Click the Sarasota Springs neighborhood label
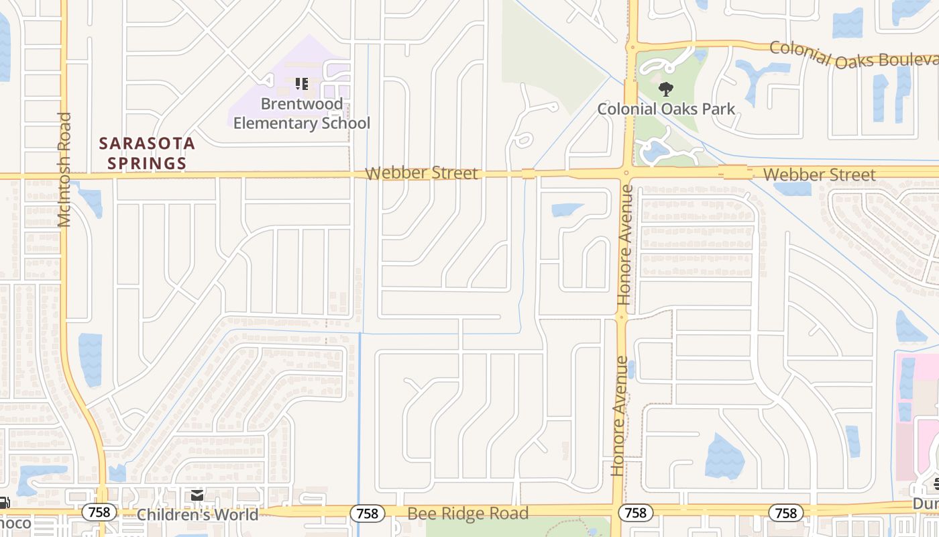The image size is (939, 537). tap(147, 153)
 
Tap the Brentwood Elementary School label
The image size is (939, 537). tap(302, 113)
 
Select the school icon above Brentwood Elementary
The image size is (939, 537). tap(302, 84)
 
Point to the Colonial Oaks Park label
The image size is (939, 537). tap(666, 109)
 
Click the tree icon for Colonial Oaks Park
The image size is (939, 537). tap(666, 89)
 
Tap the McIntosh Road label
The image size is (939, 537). tap(64, 169)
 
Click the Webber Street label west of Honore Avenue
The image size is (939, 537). tap(421, 173)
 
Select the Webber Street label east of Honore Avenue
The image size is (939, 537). tap(819, 175)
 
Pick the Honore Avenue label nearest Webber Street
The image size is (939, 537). tap(625, 245)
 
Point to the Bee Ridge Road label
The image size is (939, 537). tap(467, 514)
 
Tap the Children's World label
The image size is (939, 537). tap(197, 515)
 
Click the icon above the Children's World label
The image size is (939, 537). tap(197, 495)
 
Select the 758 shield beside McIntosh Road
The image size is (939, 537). tap(99, 513)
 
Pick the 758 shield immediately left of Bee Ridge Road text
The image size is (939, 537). tap(368, 514)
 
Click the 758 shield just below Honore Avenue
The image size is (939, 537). tap(634, 514)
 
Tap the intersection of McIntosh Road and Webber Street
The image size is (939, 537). tap(64, 176)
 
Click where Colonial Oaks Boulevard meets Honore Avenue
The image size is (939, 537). tap(631, 46)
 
